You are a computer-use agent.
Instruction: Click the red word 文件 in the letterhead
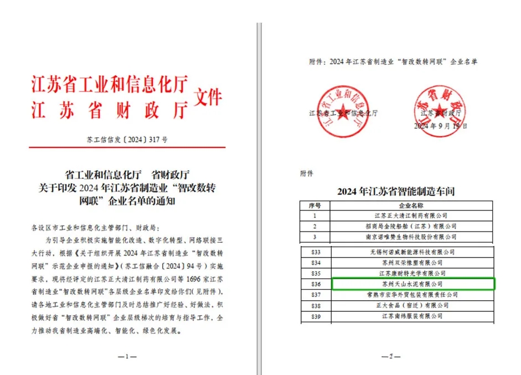tap(208, 98)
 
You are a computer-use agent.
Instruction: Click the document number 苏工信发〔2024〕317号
tap(127, 140)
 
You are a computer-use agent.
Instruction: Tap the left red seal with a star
tap(343, 111)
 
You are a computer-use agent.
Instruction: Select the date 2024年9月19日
tap(441, 126)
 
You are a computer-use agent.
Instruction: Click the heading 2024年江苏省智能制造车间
tap(396, 192)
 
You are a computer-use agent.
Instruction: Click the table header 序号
tap(315, 205)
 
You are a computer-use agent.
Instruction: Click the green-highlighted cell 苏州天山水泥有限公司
tap(412, 284)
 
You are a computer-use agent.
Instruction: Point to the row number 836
tap(315, 284)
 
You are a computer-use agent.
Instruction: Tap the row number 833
tap(315, 251)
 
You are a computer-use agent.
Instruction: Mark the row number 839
tap(315, 316)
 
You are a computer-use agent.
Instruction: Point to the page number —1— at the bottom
tap(127, 356)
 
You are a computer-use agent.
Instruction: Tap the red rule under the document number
tap(127, 147)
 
